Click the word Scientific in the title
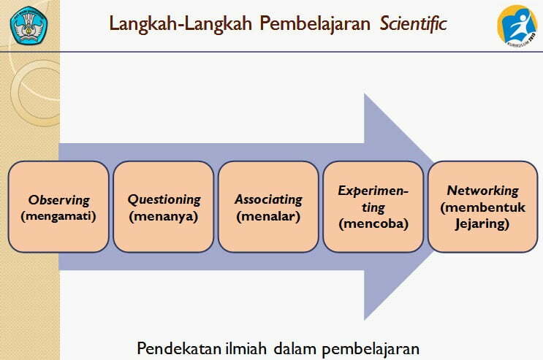click(x=413, y=24)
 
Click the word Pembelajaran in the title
click(x=315, y=24)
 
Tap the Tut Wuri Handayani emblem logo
click(x=29, y=25)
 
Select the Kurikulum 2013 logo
click(x=517, y=26)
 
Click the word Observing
click(x=59, y=200)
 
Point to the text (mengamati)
click(x=58, y=216)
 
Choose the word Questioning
click(x=164, y=200)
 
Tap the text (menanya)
click(x=164, y=216)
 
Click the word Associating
click(x=269, y=200)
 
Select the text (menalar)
click(x=268, y=216)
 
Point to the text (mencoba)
click(x=373, y=223)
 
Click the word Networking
click(x=483, y=191)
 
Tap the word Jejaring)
click(x=482, y=224)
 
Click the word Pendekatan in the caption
click(x=179, y=348)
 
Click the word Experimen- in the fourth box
click(x=373, y=191)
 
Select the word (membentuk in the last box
click(x=483, y=207)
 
